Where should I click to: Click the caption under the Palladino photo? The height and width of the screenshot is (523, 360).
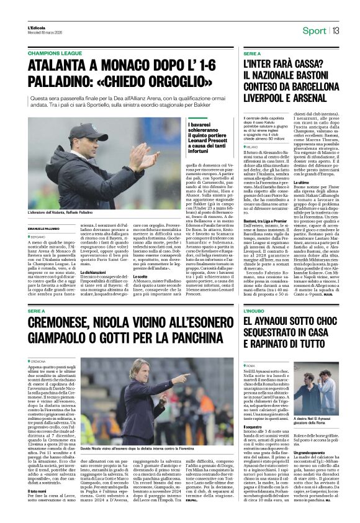coord(62,213)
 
